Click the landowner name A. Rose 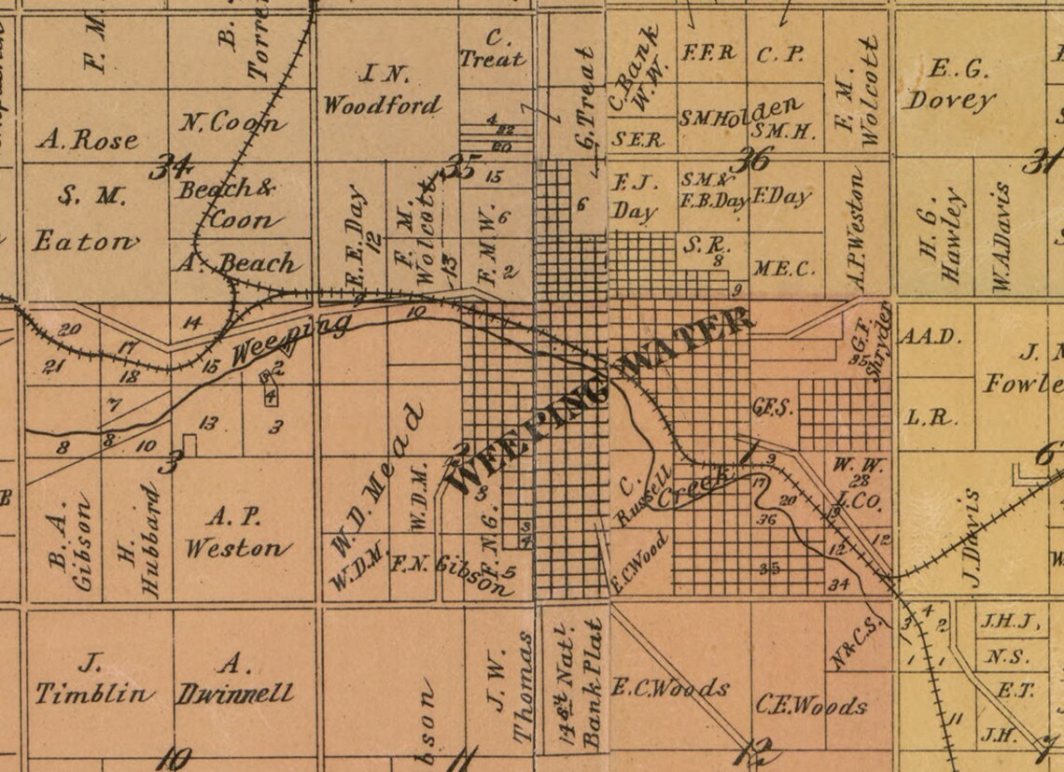(88, 140)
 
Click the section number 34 (174, 169)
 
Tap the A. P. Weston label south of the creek (238, 532)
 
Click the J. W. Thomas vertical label (511, 689)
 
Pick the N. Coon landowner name (231, 122)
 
